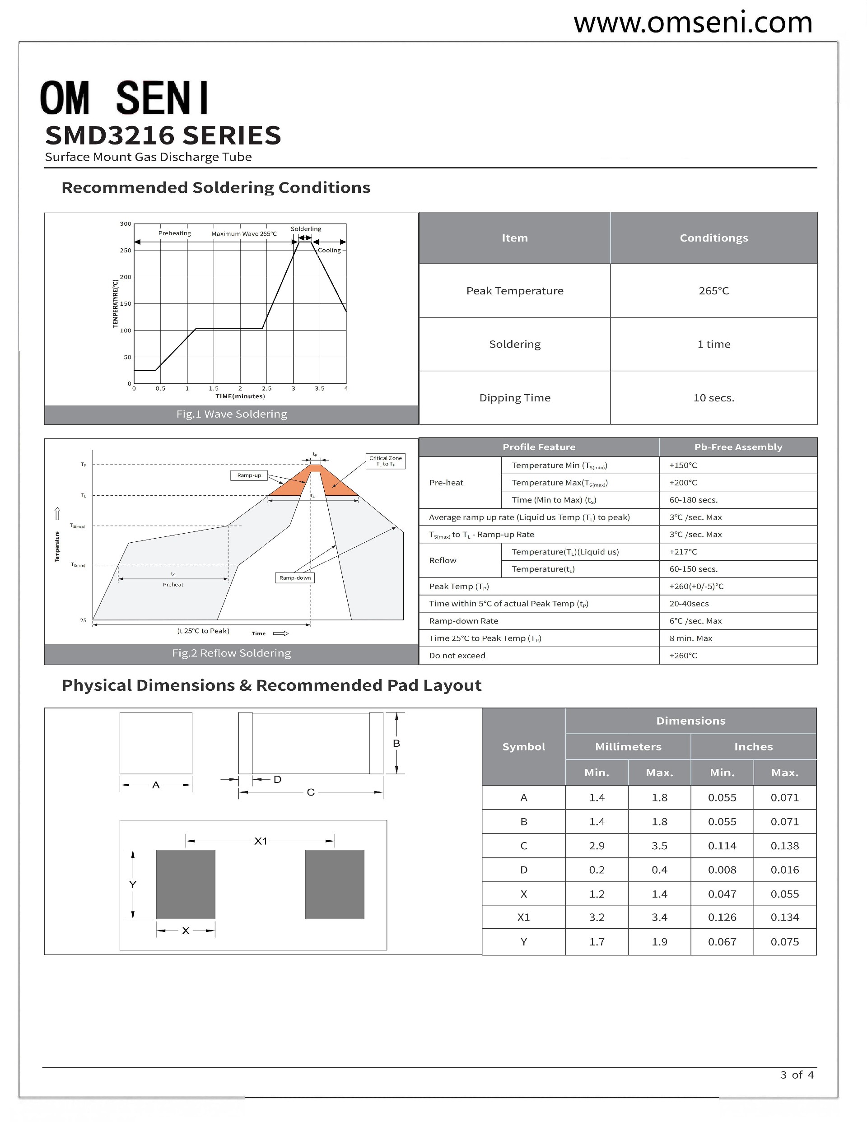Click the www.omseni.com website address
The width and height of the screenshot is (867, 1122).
(692, 23)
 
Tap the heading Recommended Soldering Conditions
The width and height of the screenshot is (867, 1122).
(215, 187)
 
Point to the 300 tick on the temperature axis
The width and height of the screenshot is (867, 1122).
(126, 224)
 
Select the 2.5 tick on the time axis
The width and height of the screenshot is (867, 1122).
(266, 388)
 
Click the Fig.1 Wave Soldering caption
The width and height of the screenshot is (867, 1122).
(231, 414)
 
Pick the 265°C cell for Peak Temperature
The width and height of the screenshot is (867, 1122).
(713, 291)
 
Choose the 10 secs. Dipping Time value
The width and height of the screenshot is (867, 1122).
(713, 398)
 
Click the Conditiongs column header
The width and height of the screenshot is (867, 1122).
(713, 238)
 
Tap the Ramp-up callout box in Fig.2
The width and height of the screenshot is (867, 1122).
(249, 475)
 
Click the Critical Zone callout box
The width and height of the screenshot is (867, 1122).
(386, 461)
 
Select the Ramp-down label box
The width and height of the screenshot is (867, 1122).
(295, 578)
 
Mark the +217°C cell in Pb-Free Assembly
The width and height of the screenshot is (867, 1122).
(683, 552)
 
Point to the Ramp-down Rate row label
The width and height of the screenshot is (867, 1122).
(464, 620)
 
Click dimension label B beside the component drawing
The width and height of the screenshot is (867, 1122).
(396, 743)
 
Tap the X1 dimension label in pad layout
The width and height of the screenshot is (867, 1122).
(261, 841)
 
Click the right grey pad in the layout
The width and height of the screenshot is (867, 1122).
(334, 884)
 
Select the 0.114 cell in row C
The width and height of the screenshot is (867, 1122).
(722, 846)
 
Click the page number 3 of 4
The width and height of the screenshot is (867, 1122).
(797, 1075)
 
